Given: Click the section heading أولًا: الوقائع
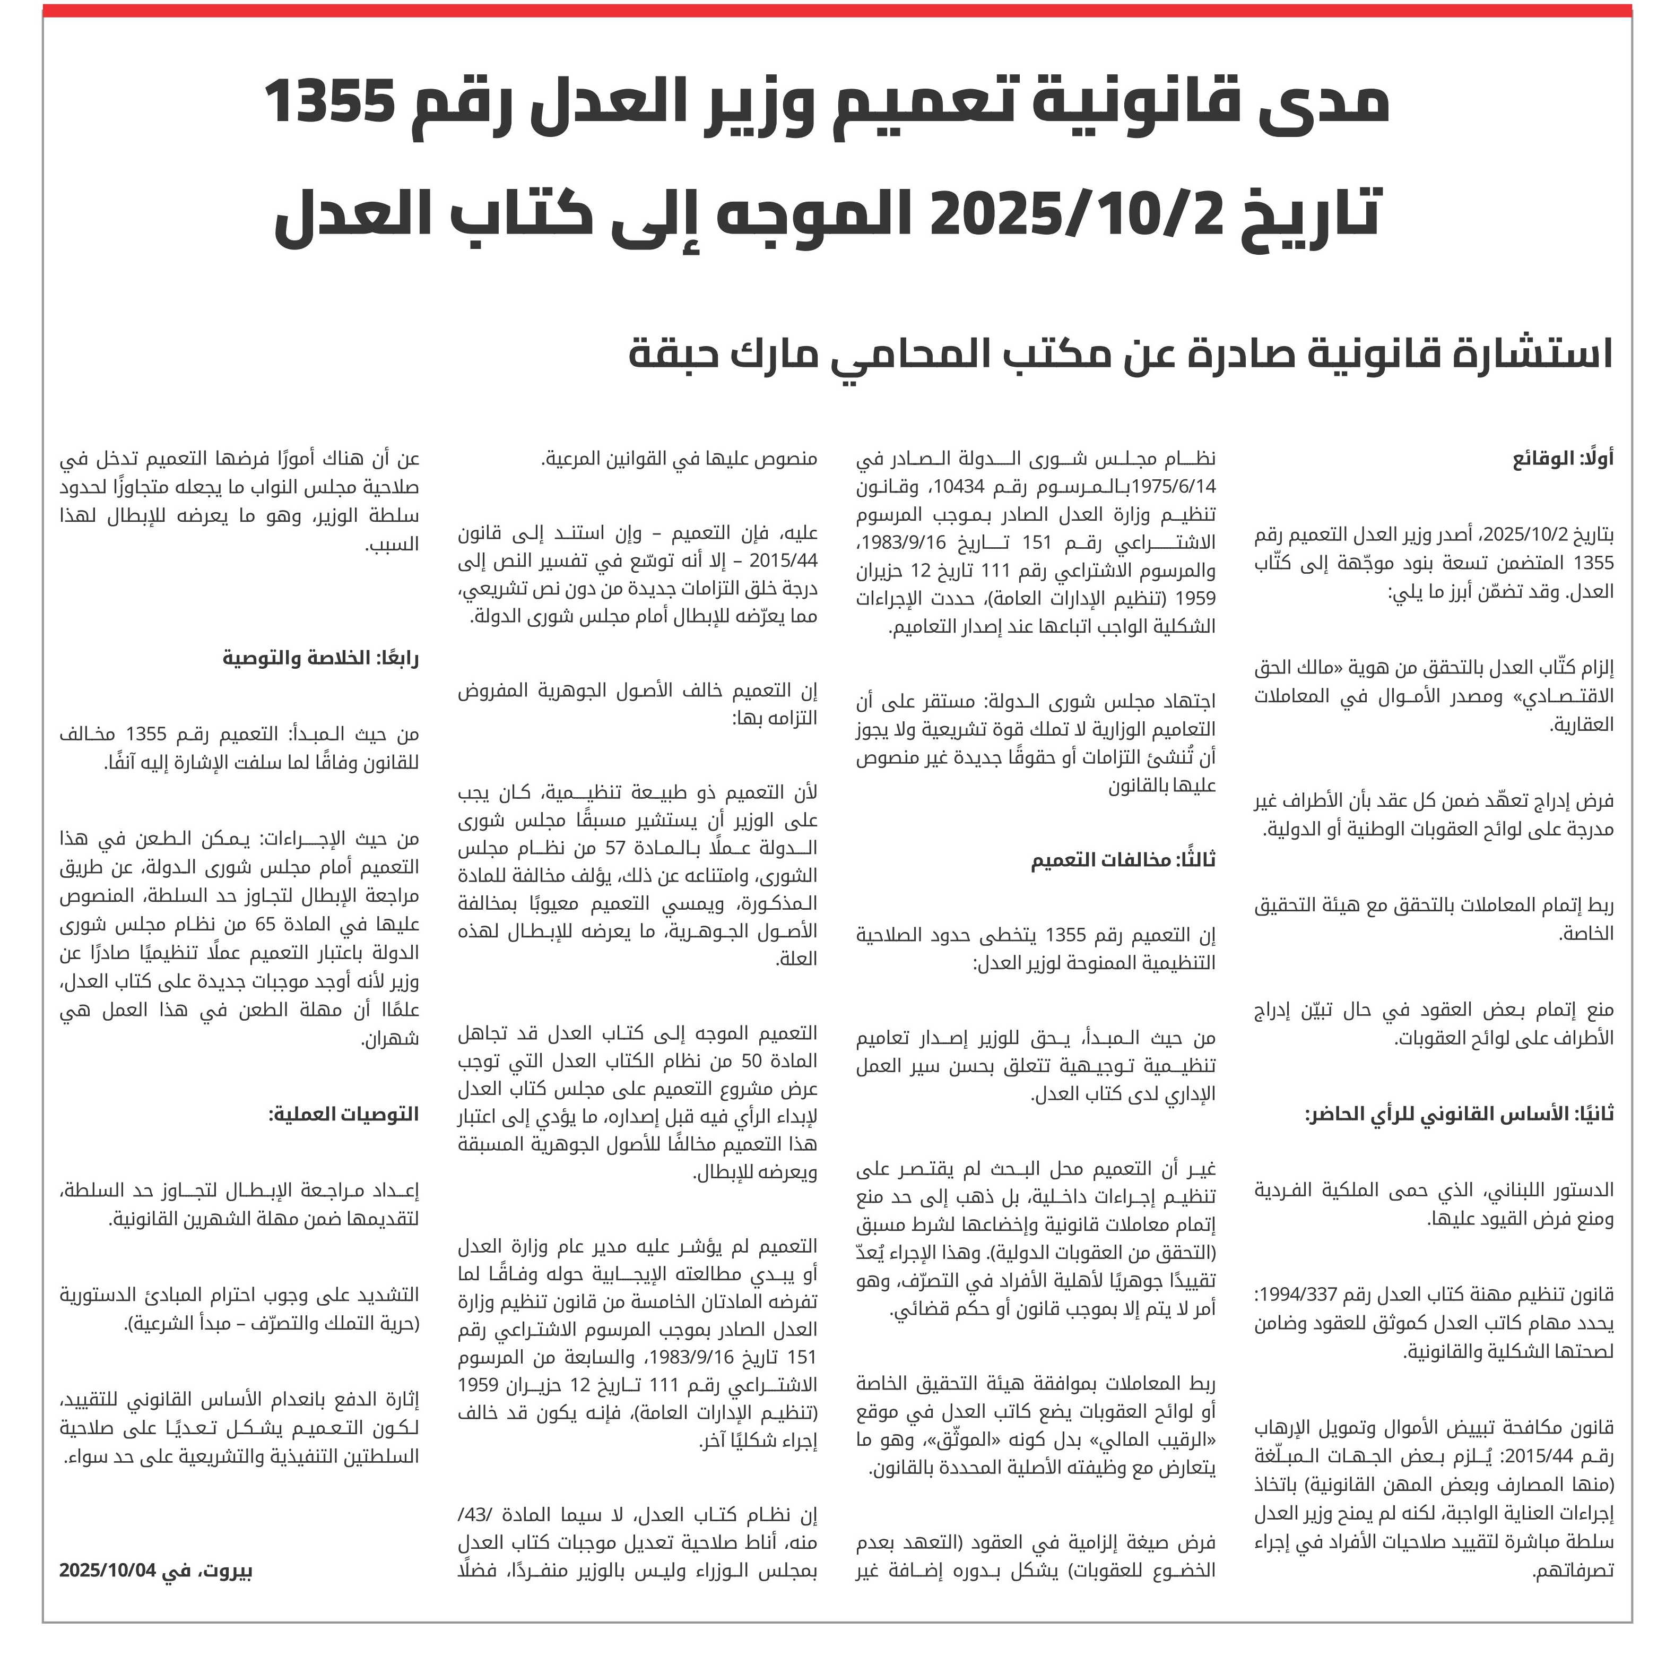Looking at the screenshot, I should tap(1563, 459).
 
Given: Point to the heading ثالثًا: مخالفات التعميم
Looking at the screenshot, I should tap(1123, 860).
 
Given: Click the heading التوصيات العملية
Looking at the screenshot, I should tap(343, 1115).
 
